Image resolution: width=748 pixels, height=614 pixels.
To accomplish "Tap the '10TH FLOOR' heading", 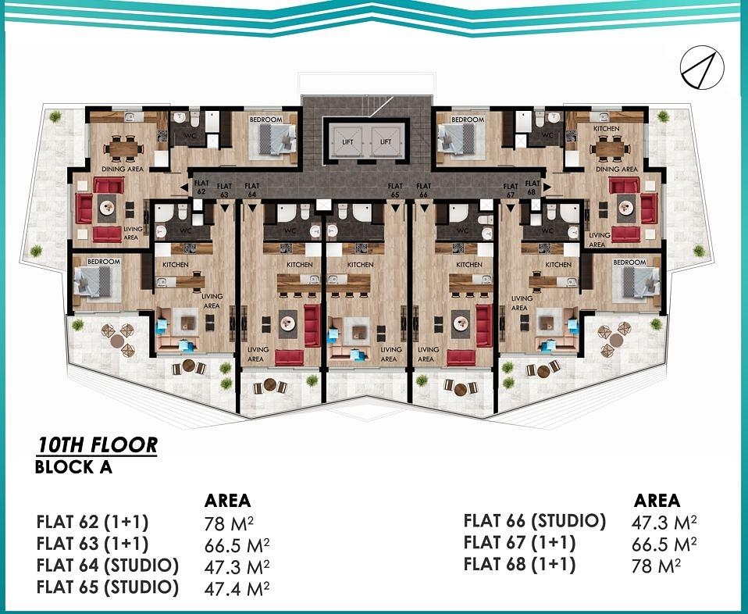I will (97, 445).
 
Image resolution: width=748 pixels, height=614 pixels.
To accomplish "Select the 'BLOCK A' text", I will (74, 468).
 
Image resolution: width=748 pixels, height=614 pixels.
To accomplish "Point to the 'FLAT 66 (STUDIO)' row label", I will (534, 521).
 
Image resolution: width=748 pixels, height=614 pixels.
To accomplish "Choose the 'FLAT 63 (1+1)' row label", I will (92, 544).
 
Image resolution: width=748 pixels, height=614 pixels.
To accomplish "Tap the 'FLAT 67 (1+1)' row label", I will (519, 543).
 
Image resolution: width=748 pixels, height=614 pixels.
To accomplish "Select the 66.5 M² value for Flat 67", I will (664, 544).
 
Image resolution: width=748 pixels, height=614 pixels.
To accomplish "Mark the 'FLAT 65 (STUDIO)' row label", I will (108, 587).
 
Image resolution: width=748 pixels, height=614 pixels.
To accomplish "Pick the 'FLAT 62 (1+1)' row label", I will (92, 522).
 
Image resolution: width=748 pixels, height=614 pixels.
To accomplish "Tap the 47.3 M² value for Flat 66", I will (664, 522).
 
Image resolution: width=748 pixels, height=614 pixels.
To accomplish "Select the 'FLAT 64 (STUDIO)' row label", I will (108, 565).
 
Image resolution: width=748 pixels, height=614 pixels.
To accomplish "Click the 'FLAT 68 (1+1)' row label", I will (519, 564).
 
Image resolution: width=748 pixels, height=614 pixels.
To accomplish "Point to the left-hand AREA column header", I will (227, 501).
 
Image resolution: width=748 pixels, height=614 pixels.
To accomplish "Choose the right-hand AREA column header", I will (657, 501).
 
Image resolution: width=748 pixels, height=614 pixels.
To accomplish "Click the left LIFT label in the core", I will (347, 142).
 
